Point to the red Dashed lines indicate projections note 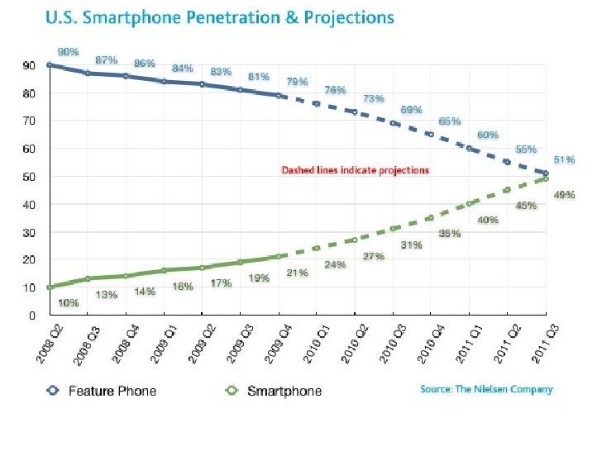[x=356, y=170]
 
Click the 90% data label [x=69, y=51]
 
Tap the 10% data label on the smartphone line [x=69, y=303]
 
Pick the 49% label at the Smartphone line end [x=566, y=196]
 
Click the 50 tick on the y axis [x=28, y=177]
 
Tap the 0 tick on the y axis [x=31, y=315]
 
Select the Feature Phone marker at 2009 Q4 [x=279, y=96]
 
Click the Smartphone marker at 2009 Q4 [x=279, y=256]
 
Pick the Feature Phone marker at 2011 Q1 [x=470, y=149]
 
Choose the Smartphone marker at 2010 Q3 [x=394, y=229]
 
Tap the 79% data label [x=297, y=82]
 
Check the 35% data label [x=450, y=234]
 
